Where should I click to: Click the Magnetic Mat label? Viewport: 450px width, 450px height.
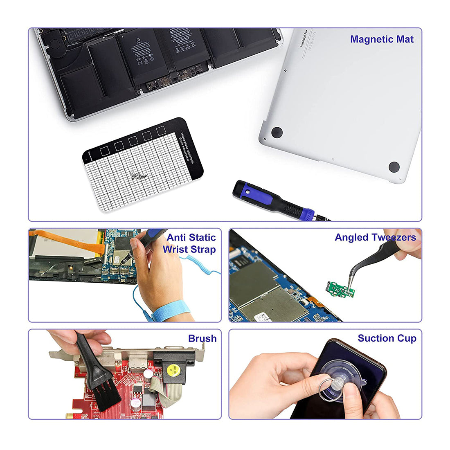pyautogui.click(x=381, y=39)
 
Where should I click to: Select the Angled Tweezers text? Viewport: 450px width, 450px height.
pyautogui.click(x=375, y=237)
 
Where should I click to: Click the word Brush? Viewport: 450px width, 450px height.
pyautogui.click(x=202, y=338)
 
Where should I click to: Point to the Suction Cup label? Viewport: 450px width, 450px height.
pyautogui.click(x=387, y=338)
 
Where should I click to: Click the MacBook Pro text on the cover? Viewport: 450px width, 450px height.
pyautogui.click(x=306, y=39)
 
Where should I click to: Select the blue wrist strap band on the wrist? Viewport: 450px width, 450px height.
pyautogui.click(x=168, y=313)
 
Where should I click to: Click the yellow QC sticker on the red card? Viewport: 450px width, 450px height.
pyautogui.click(x=176, y=367)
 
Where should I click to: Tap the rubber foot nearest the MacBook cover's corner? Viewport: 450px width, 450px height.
pyautogui.click(x=394, y=167)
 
